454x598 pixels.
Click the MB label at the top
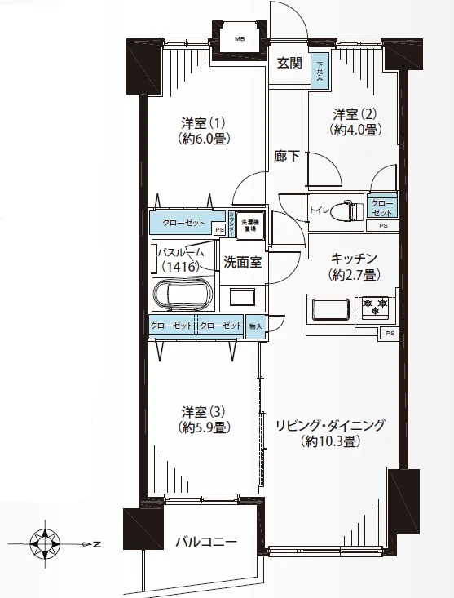point(240,38)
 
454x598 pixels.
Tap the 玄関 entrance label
point(289,63)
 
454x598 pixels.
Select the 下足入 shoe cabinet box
point(320,72)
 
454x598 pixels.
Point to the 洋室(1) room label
point(204,131)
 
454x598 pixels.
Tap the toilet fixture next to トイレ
point(348,210)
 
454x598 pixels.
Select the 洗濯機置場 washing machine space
point(249,224)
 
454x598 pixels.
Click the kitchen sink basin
point(328,310)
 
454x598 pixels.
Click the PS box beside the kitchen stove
point(390,333)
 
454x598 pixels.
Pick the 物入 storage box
point(256,325)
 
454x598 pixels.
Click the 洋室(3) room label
point(204,418)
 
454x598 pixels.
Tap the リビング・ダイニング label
point(329,433)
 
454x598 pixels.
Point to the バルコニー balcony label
point(207,543)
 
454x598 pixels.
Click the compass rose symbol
point(44,542)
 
